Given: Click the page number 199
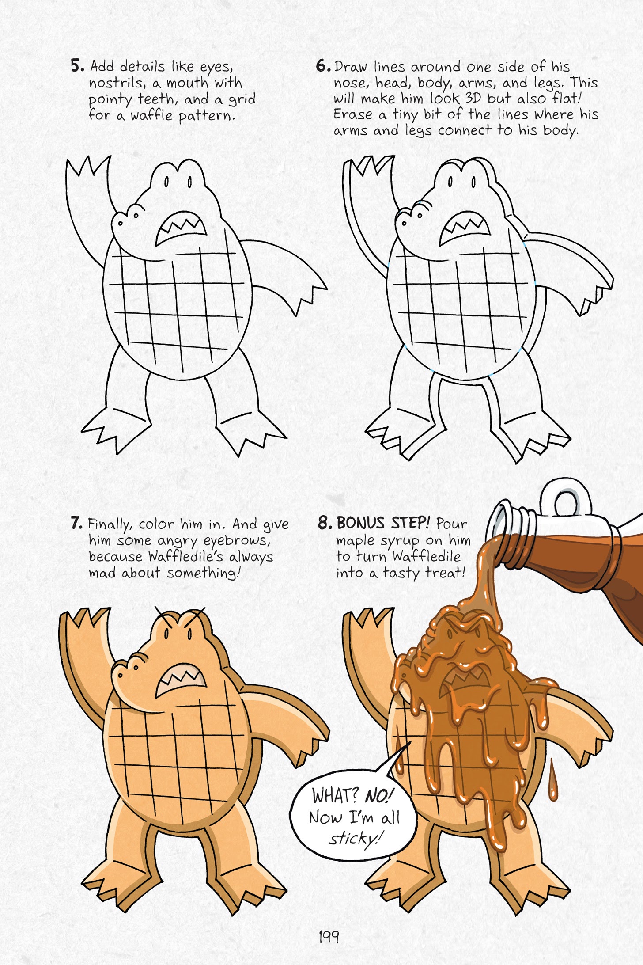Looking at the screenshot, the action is pyautogui.click(x=329, y=936).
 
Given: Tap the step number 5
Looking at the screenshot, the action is pyautogui.click(x=77, y=66).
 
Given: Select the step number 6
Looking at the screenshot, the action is pyautogui.click(x=323, y=66).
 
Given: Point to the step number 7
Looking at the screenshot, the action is pyautogui.click(x=76, y=523).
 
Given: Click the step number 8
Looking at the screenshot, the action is pyautogui.click(x=325, y=523).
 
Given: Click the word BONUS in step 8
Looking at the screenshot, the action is pyautogui.click(x=360, y=523).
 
